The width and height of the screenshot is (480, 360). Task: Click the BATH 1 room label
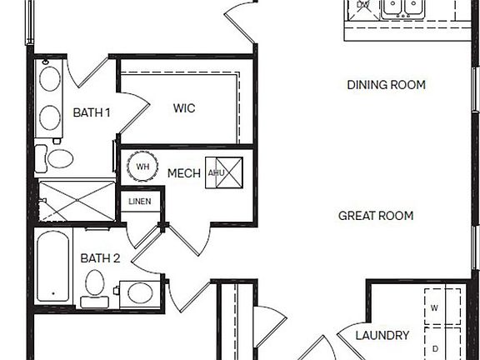pyautogui.click(x=92, y=112)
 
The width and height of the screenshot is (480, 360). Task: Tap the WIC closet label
pyautogui.click(x=184, y=108)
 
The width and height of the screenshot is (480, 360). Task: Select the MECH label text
pyautogui.click(x=183, y=173)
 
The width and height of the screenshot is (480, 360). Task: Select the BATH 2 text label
pyautogui.click(x=101, y=258)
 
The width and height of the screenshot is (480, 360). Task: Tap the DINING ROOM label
pyautogui.click(x=386, y=85)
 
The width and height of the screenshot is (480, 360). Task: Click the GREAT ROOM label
pyautogui.click(x=376, y=216)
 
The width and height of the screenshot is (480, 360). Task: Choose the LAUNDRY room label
pyautogui.click(x=382, y=336)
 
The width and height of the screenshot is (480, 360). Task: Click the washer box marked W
pyautogui.click(x=441, y=307)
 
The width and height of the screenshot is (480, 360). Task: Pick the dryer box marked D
pyautogui.click(x=441, y=348)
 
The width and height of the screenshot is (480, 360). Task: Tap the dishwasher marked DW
pyautogui.click(x=362, y=6)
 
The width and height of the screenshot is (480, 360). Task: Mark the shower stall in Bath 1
pyautogui.click(x=75, y=201)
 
